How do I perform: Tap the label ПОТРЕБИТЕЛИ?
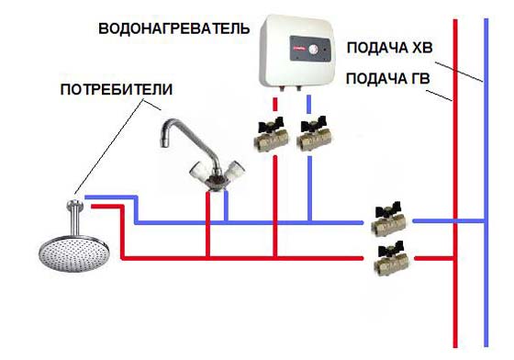pos(116,90)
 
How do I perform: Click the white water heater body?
pos(297,51)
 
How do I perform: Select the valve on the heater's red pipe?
pos(274,138)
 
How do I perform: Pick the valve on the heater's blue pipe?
pos(312,138)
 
